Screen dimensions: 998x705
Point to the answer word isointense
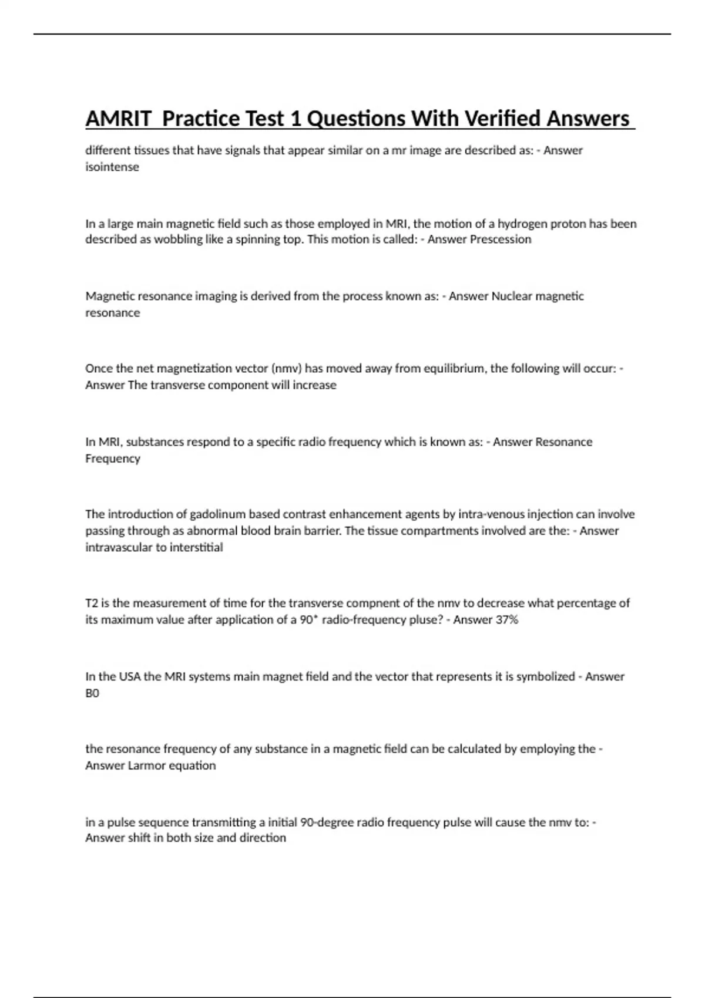(112, 167)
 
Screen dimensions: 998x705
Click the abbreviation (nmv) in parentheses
(286, 369)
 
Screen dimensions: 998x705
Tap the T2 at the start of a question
(92, 603)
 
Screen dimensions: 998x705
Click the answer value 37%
(506, 619)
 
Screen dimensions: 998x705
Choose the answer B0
(92, 693)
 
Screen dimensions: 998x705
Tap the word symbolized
(545, 676)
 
